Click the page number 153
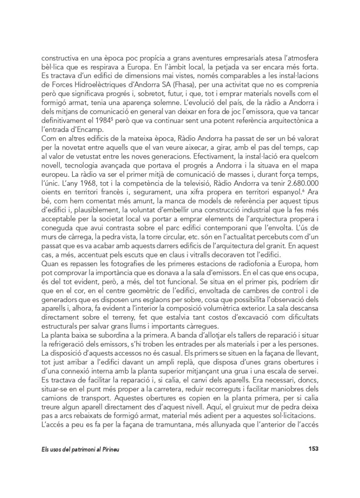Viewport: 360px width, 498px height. pos(313,449)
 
